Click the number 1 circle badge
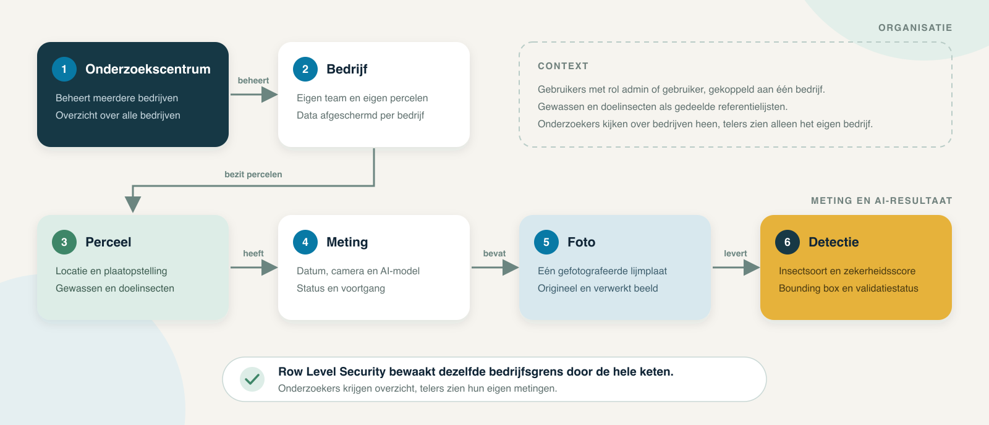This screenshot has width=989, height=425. tap(64, 69)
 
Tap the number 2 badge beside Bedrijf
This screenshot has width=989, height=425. tap(305, 69)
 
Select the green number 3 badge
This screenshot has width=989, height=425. tap(64, 242)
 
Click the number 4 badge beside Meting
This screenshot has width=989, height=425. tap(305, 242)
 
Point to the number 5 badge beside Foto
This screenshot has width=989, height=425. tap(546, 242)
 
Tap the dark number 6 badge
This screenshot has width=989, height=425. tap(787, 242)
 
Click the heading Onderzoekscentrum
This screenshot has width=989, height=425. tap(148, 69)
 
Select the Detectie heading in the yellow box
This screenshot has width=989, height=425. tap(834, 242)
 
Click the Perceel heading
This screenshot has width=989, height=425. tap(108, 242)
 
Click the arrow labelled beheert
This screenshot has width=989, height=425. tap(254, 95)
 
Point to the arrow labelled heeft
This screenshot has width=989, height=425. tap(254, 267)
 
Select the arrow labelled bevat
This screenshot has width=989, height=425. tap(495, 267)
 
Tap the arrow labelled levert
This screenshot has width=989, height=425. tap(736, 267)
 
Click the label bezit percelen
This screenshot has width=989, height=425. tap(253, 174)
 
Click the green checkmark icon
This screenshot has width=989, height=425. tap(252, 379)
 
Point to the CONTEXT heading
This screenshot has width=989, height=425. tap(563, 66)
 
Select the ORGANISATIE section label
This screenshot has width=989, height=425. tap(915, 28)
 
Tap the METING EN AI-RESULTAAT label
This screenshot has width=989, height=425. tap(881, 201)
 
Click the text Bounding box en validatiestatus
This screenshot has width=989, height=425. tap(848, 288)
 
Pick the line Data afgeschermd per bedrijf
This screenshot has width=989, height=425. tap(360, 115)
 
